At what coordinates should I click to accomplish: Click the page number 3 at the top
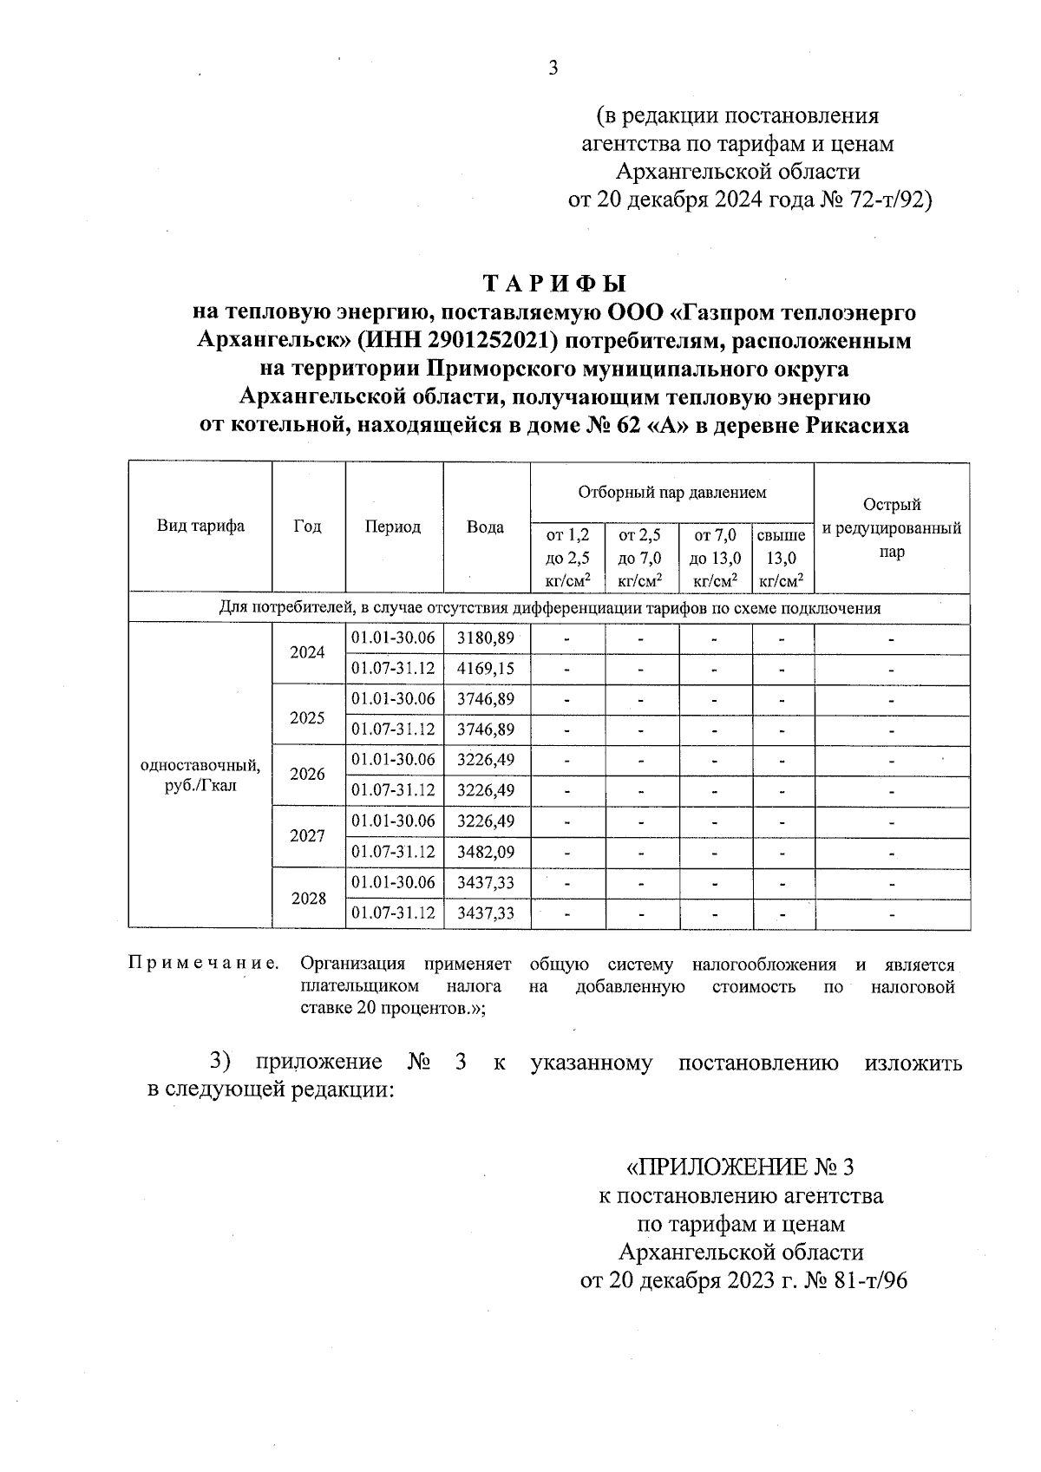553,69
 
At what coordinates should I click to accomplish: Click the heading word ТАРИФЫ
553,284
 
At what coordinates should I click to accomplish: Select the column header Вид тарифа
200,526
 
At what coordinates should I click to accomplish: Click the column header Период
393,527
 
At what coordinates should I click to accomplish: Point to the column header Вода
485,527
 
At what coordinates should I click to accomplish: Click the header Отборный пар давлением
672,493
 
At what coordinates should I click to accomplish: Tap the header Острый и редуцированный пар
891,527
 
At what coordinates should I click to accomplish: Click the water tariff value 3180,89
486,638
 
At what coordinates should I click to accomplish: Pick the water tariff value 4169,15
486,669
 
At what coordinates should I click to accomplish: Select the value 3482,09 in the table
486,852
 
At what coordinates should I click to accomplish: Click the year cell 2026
308,775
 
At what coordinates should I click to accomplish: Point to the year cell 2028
308,898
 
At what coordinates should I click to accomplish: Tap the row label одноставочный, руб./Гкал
200,775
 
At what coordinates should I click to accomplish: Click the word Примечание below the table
204,964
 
